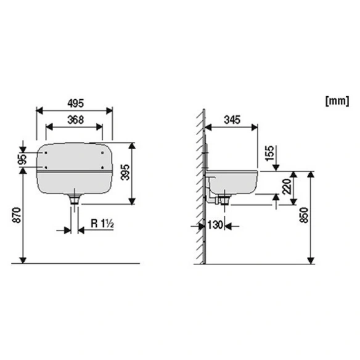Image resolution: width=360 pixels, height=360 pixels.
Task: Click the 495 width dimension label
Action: tap(76, 104)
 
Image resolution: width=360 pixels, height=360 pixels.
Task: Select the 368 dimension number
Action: tap(76, 120)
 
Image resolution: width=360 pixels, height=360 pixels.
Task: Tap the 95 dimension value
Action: tap(22, 159)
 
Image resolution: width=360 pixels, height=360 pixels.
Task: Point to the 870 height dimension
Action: tap(17, 215)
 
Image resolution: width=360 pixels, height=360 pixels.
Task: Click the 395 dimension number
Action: tap(125, 172)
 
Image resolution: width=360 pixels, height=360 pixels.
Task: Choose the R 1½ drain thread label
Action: tap(102, 223)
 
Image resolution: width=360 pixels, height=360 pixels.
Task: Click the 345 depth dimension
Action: tap(232, 120)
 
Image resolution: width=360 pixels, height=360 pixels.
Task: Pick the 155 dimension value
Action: tap(270, 153)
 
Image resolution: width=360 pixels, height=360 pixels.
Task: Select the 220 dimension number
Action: tap(287, 186)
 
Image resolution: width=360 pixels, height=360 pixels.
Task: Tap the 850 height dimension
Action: tap(304, 215)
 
